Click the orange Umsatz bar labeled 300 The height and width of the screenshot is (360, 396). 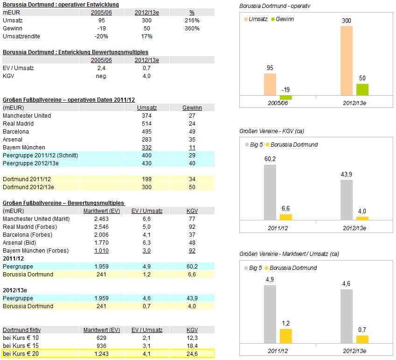(347, 60)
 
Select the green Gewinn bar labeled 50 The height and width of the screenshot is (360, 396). (362, 90)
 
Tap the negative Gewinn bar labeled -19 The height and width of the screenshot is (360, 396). (286, 98)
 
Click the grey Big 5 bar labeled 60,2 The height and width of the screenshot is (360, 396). (270, 192)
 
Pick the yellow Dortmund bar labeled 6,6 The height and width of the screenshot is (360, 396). (286, 217)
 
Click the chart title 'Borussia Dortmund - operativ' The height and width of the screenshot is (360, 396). (275, 6)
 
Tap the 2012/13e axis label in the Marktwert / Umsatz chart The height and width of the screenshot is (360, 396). (354, 350)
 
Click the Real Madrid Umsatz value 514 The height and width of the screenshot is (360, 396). (146, 124)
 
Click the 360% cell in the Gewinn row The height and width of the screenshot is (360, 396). (192, 28)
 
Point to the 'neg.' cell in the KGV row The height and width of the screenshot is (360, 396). (101, 76)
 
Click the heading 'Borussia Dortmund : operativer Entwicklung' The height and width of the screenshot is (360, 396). (61, 5)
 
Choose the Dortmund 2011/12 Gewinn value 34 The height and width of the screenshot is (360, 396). (192, 179)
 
